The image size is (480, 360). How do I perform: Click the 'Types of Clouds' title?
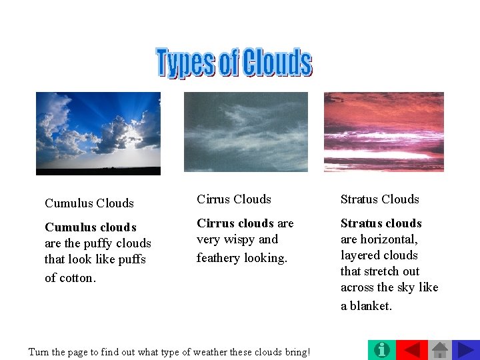[x=233, y=62]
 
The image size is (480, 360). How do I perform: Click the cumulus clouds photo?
[x=98, y=133]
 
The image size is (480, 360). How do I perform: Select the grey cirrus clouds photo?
[x=246, y=132]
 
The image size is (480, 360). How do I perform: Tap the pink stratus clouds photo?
[x=384, y=132]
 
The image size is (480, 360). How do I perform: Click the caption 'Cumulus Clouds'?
[x=89, y=203]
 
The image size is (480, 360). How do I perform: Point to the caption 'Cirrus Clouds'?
[x=234, y=199]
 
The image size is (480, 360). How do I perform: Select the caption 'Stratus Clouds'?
[x=380, y=199]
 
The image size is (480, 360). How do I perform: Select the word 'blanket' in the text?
[x=371, y=306]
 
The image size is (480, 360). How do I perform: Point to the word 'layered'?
[x=360, y=255]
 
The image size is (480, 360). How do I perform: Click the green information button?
[x=381, y=350]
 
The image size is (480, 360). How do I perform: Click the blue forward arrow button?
[x=465, y=350]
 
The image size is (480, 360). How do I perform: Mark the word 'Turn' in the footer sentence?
[x=39, y=351]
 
